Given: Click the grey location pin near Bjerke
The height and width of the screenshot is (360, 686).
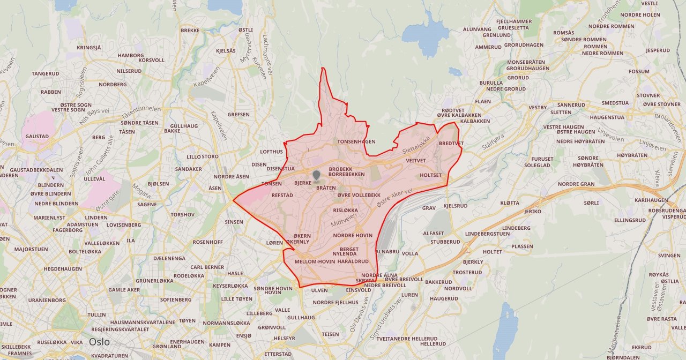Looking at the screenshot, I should [x=316, y=176].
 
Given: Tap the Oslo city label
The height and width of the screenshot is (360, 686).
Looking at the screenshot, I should [x=99, y=342].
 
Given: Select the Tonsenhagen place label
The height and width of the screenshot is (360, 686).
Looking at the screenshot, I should [x=356, y=141].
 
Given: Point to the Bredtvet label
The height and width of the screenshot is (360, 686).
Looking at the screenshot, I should [x=451, y=144].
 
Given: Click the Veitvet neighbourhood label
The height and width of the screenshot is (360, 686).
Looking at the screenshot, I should [x=415, y=160].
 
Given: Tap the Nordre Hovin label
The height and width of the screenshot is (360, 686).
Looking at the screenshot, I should [x=353, y=235].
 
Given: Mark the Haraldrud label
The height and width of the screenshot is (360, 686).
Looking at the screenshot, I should [x=353, y=261].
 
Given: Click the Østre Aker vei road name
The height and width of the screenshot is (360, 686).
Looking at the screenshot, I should [x=394, y=198].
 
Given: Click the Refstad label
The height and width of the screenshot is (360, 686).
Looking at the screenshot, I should [x=282, y=196].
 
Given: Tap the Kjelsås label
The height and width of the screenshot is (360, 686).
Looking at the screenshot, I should [x=226, y=51].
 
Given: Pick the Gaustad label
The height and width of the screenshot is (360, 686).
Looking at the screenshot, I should [x=37, y=137].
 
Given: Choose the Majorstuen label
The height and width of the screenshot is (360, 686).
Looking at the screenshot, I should [x=31, y=249].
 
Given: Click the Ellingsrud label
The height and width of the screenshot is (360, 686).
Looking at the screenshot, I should [x=630, y=220].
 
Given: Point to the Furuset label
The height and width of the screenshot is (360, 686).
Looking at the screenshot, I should [x=542, y=159].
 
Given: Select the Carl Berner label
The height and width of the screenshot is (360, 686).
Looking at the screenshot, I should [x=207, y=267].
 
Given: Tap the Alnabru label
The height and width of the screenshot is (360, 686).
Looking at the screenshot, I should [x=388, y=251].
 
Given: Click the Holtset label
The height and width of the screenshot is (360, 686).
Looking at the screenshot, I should [x=431, y=175].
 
